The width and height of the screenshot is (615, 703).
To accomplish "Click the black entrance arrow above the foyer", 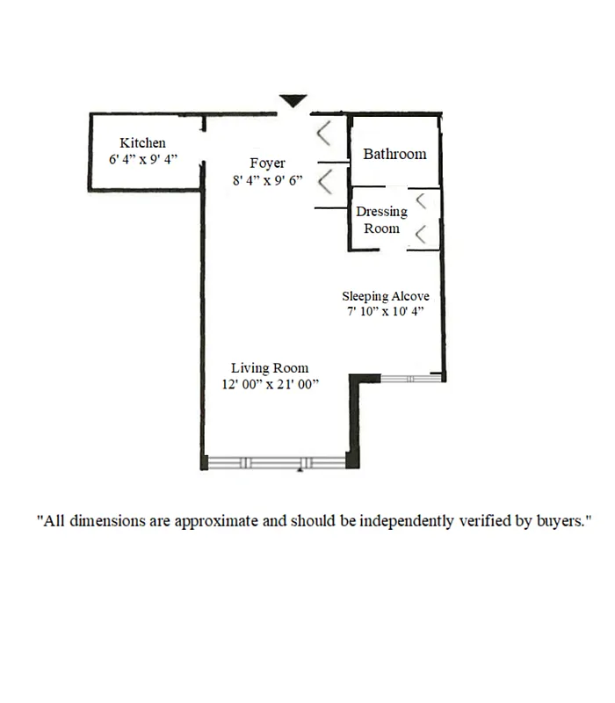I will (293, 102).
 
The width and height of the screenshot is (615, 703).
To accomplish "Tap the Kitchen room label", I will (142, 142).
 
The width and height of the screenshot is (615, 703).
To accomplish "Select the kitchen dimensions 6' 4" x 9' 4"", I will (142, 159).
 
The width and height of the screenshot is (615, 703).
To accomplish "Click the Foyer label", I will (267, 163).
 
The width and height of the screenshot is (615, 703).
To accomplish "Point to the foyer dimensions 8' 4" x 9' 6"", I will (267, 180).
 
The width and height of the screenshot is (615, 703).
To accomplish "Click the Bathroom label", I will (394, 154).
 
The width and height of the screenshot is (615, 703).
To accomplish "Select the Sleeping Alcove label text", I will (386, 296).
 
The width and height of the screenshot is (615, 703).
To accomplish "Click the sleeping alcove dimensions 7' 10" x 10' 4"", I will (386, 312).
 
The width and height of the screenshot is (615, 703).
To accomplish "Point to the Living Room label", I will (270, 367).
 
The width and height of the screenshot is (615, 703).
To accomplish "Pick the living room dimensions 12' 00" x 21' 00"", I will (270, 384).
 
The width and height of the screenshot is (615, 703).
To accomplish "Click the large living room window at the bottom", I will (277, 462).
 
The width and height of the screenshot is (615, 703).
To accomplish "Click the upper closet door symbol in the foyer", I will (324, 134).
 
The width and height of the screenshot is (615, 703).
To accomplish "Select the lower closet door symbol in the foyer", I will (324, 183).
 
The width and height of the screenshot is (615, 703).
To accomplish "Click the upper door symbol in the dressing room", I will (421, 200).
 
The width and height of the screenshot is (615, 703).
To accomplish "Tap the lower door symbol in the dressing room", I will (421, 234).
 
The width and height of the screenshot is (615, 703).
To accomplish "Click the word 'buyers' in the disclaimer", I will (560, 521).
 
